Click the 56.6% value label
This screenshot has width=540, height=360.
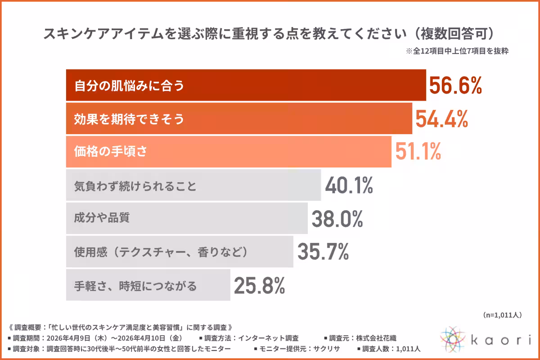click(455, 85)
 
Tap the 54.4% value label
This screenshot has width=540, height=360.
click(441, 119)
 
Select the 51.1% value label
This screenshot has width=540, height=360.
click(418, 152)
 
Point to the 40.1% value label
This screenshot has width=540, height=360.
click(349, 185)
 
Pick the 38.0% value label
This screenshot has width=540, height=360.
click(337, 219)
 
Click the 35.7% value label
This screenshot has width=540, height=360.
click(323, 252)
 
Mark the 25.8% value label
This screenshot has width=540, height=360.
click(259, 285)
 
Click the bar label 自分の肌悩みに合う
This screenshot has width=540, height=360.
click(129, 85)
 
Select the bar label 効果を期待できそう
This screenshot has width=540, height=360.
click(129, 119)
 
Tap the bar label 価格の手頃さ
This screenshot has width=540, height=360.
click(110, 152)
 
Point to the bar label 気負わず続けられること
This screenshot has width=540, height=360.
click(135, 186)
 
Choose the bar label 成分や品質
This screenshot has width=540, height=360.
click(102, 217)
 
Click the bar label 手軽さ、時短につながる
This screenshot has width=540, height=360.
click(135, 286)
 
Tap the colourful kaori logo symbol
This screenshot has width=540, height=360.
click(453, 339)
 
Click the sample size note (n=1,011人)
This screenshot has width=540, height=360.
click(502, 315)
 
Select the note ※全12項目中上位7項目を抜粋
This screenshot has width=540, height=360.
click(457, 51)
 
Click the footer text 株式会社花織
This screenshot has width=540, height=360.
click(376, 338)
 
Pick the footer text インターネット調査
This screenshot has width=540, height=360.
click(268, 338)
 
